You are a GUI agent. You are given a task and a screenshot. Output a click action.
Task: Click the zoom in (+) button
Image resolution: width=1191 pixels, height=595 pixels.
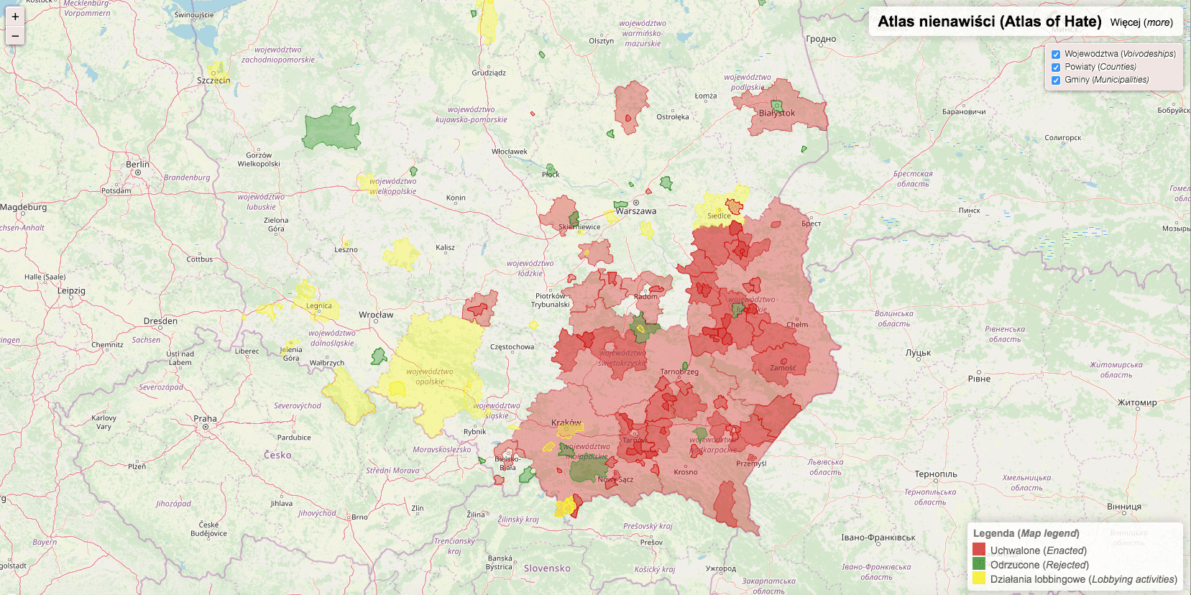(15, 17)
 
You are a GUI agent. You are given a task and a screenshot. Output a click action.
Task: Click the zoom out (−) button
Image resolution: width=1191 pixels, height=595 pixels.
(15, 36)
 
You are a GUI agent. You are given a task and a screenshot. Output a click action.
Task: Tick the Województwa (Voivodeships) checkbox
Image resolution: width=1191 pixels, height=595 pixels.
(1056, 55)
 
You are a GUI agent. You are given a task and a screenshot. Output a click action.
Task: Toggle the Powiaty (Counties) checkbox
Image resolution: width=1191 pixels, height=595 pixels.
(1056, 68)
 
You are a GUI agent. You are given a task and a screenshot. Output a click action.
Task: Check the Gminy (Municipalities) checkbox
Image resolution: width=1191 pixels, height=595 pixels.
(1056, 80)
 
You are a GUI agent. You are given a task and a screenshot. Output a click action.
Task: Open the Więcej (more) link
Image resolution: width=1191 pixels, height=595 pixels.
(1141, 22)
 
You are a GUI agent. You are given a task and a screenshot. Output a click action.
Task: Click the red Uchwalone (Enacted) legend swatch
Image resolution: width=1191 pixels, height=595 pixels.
(979, 550)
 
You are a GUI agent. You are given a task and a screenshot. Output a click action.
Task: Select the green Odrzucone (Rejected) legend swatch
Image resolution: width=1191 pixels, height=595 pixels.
(979, 564)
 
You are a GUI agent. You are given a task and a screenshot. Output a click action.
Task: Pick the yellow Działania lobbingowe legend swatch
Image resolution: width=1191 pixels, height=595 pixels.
(979, 578)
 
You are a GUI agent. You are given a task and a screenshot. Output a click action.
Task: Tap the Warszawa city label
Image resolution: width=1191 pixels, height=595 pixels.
(636, 211)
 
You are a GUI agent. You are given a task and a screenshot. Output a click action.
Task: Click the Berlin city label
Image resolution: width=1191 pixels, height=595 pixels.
(138, 165)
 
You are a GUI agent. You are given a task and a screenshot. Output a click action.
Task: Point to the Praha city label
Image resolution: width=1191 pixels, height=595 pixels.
(205, 419)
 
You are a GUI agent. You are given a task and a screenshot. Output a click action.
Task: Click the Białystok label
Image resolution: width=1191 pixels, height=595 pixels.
(777, 113)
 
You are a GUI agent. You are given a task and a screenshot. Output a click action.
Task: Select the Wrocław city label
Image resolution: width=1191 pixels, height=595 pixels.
(376, 315)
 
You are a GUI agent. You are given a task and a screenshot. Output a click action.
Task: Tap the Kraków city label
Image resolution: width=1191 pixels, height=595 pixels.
(566, 423)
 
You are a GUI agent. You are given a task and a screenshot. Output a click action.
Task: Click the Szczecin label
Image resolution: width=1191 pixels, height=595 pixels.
(213, 80)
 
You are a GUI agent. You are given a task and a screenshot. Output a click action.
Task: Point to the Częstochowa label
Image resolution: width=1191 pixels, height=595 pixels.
(512, 347)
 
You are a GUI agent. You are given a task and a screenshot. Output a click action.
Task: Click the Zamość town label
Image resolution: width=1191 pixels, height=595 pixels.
(783, 368)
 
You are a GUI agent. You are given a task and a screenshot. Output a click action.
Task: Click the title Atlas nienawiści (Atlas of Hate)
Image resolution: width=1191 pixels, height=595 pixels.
(989, 22)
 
